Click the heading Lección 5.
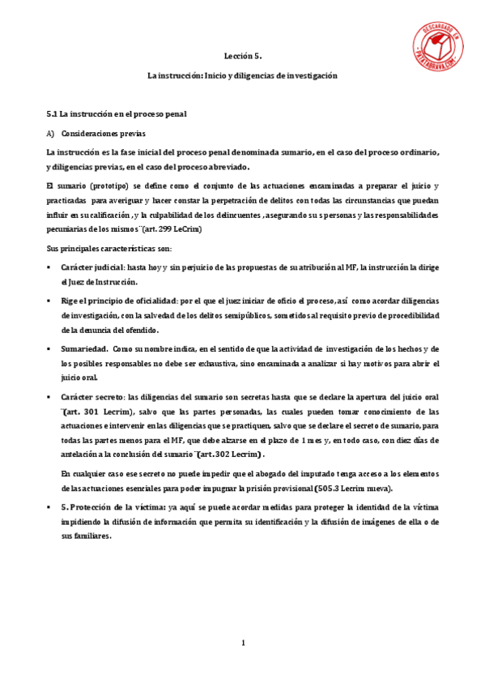tap(242, 57)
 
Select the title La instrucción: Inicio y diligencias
tap(242, 75)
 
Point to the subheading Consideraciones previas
tap(106, 133)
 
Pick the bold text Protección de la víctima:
tap(113, 507)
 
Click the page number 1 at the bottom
tap(242, 643)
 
